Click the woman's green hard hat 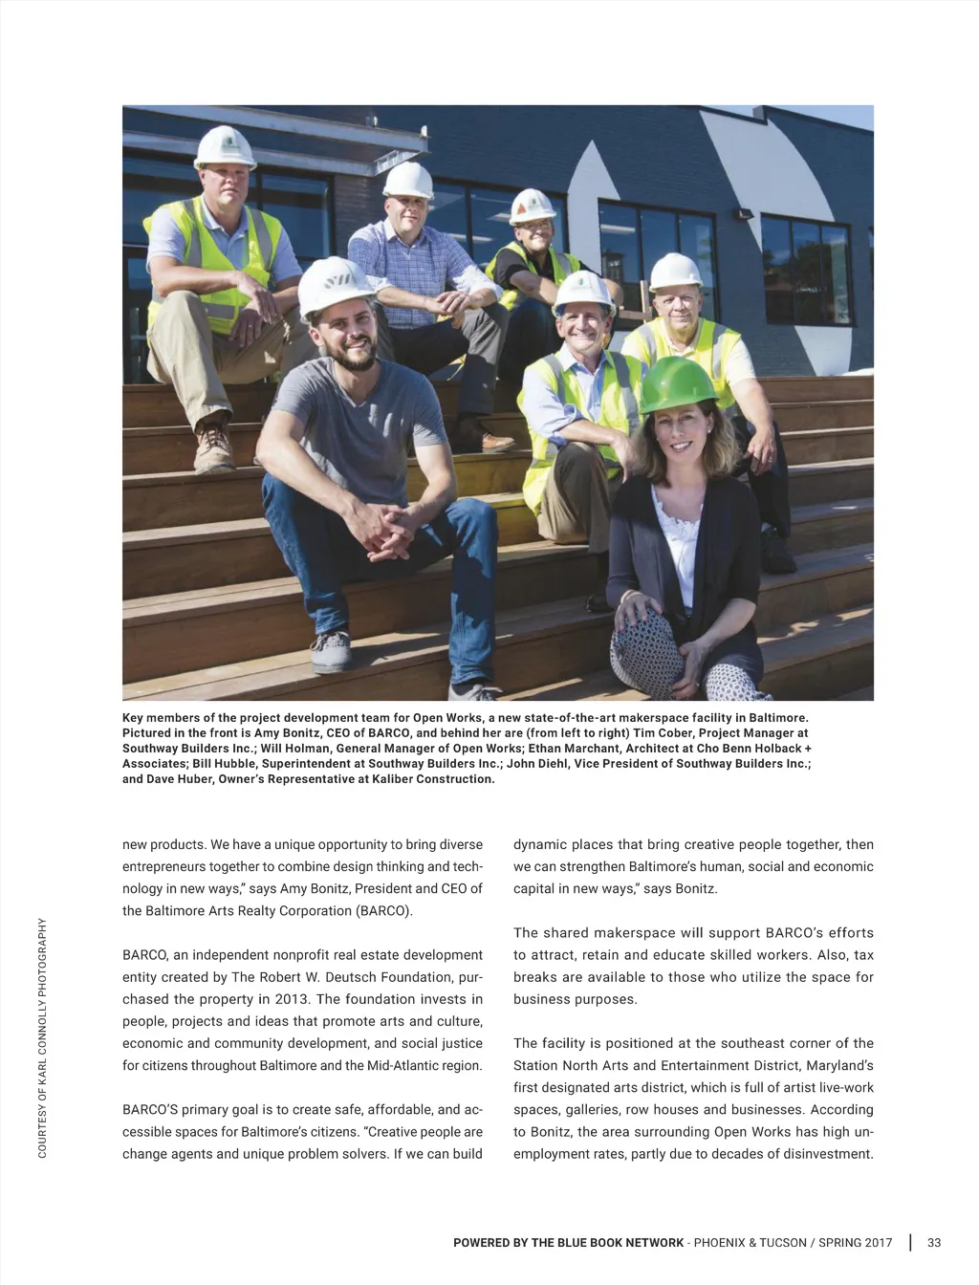(x=678, y=384)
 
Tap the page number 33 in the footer (x=934, y=1243)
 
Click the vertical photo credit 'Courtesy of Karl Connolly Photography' (x=42, y=1037)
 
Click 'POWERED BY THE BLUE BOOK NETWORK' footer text (x=568, y=1243)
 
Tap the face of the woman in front (x=680, y=438)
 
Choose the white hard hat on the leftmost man (x=225, y=147)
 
